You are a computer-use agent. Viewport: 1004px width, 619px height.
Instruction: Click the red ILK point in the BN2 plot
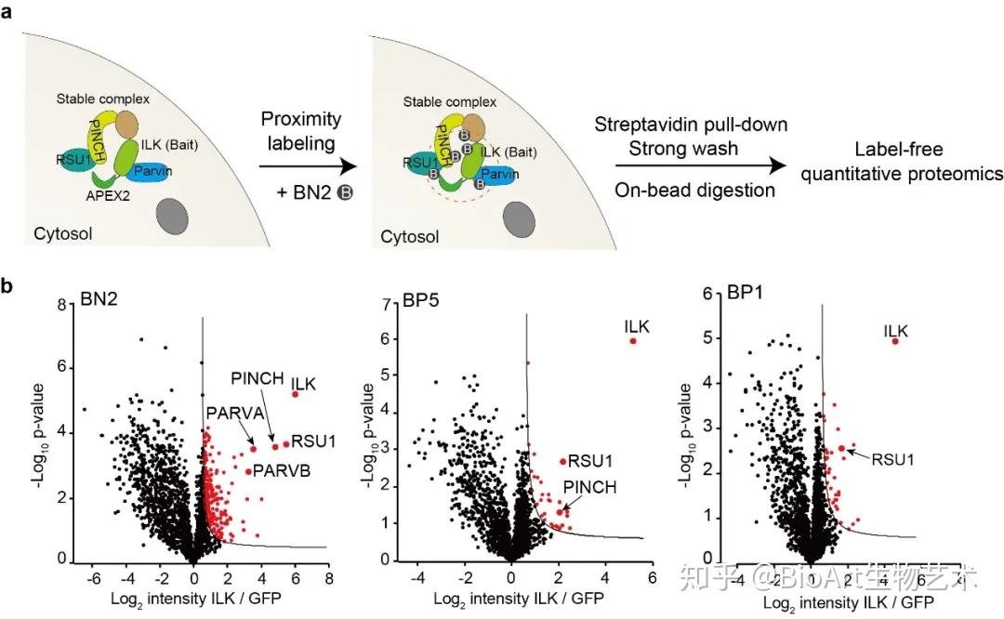click(x=296, y=394)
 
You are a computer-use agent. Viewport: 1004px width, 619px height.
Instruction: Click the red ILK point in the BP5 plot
click(x=633, y=341)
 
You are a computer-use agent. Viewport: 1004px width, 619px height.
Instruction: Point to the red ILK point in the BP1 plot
click(x=895, y=341)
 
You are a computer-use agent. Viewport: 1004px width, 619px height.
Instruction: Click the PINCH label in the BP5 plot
click(x=590, y=486)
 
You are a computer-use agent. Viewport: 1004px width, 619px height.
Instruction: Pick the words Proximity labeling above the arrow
click(x=300, y=131)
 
